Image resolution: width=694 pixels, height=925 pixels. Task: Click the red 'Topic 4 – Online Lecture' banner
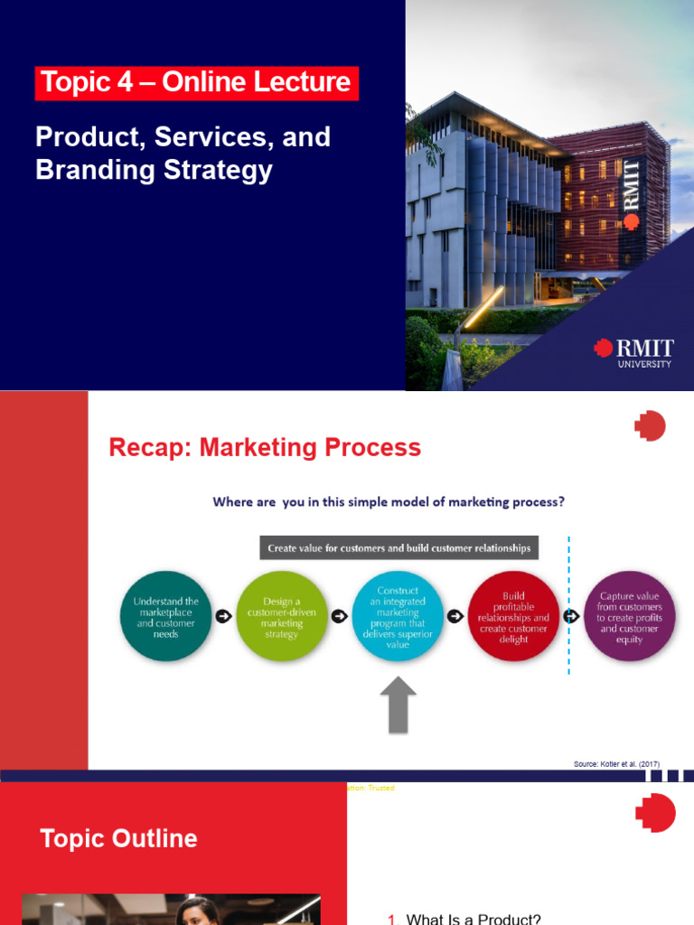(197, 83)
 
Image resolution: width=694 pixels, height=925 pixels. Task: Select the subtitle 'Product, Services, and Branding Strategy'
(183, 154)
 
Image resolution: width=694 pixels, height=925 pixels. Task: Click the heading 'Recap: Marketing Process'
(265, 447)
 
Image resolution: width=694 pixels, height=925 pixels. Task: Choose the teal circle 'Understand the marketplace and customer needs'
(165, 616)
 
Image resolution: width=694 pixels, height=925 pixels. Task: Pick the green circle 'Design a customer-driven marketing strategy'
(281, 616)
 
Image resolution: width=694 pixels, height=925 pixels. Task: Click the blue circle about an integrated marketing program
(398, 616)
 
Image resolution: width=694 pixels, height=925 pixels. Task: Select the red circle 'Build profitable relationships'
(514, 616)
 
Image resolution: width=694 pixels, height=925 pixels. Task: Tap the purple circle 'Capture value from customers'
(629, 616)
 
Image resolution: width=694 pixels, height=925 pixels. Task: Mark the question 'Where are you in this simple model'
(389, 502)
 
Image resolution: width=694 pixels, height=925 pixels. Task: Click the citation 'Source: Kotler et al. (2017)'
(616, 764)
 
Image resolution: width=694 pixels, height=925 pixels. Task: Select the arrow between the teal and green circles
(223, 616)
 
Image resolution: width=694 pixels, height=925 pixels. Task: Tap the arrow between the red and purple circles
(571, 616)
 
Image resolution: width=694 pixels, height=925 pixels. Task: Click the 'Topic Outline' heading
(118, 838)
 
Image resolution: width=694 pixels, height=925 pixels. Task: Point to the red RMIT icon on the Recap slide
(650, 425)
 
